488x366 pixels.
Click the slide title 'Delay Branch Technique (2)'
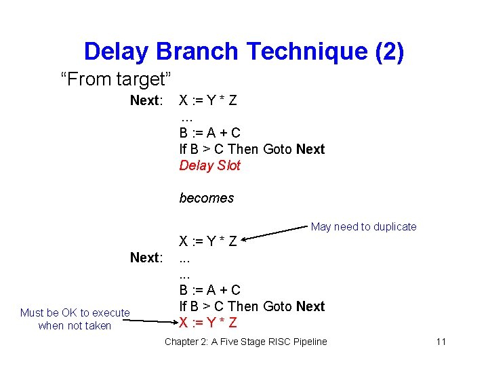click(244, 52)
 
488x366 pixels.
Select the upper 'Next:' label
click(146, 101)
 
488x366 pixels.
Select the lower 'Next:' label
click(146, 258)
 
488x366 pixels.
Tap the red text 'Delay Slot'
click(209, 165)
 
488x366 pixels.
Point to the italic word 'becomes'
click(206, 198)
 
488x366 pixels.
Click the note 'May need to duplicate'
click(363, 226)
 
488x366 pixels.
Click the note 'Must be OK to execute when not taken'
click(75, 319)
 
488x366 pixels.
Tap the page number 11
click(441, 342)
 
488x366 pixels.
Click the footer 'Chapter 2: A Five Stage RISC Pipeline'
click(245, 342)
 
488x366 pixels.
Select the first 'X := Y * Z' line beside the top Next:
click(207, 101)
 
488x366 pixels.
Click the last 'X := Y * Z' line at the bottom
click(207, 323)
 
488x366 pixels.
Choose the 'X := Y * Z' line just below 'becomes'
click(207, 241)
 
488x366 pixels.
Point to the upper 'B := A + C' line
click(209, 133)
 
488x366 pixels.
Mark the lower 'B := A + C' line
click(209, 290)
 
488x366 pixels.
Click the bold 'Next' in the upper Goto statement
click(310, 149)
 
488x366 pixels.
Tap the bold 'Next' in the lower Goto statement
click(310, 306)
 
